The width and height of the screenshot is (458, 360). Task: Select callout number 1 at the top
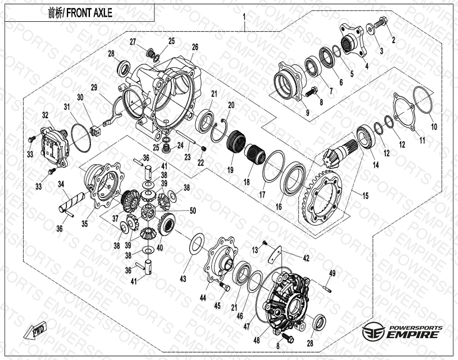(244, 17)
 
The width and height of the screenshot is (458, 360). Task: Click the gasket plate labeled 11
(404, 113)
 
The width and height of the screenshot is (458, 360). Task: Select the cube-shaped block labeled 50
(148, 213)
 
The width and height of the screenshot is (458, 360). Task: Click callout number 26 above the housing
(195, 47)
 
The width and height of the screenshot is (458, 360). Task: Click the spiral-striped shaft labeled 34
(71, 201)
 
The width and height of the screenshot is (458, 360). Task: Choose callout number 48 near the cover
(256, 340)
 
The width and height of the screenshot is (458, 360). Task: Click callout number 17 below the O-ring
(262, 194)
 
